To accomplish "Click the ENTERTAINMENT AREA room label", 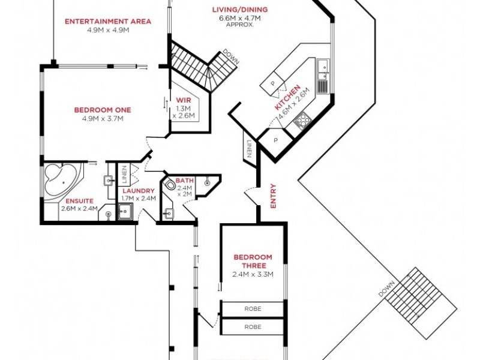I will (x=108, y=22).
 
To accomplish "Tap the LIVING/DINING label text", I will (x=240, y=10).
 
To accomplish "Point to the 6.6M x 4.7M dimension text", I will (x=240, y=19).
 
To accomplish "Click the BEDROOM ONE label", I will (x=103, y=110).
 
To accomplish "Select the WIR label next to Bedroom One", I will (x=183, y=100).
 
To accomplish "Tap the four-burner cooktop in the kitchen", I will (x=302, y=120).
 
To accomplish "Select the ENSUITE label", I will (x=77, y=200).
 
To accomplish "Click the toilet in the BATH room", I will (x=170, y=185).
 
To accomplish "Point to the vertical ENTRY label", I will (x=273, y=196).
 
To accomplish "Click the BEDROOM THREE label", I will (x=253, y=261).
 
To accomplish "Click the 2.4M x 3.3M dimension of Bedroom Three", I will (x=253, y=275).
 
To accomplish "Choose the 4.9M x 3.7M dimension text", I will (x=103, y=118).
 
